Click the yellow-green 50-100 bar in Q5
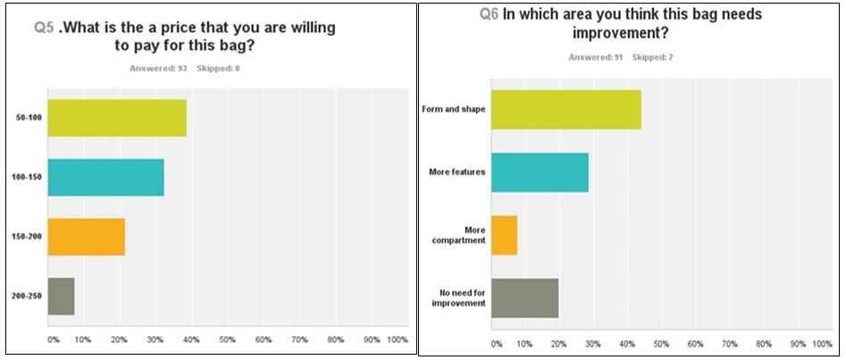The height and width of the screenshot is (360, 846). (x=117, y=118)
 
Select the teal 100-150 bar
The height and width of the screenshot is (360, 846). (x=105, y=177)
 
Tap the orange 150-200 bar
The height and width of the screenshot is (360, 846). (x=86, y=237)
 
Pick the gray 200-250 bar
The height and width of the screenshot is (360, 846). (x=61, y=297)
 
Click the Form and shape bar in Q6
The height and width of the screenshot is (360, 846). (x=566, y=110)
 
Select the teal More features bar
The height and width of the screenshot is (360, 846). (x=540, y=172)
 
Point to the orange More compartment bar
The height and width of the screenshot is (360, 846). (x=504, y=236)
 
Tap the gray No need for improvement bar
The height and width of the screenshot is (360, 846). (x=524, y=298)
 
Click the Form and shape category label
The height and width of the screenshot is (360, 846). (x=453, y=110)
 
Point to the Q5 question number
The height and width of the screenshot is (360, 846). (x=44, y=28)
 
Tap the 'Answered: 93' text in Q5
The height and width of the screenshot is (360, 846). (x=158, y=68)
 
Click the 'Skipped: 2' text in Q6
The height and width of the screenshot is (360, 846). (x=653, y=58)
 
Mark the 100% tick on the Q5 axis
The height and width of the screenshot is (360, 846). (x=398, y=340)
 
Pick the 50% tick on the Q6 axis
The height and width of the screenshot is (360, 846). (x=661, y=344)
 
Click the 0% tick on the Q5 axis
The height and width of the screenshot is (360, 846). (x=53, y=340)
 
